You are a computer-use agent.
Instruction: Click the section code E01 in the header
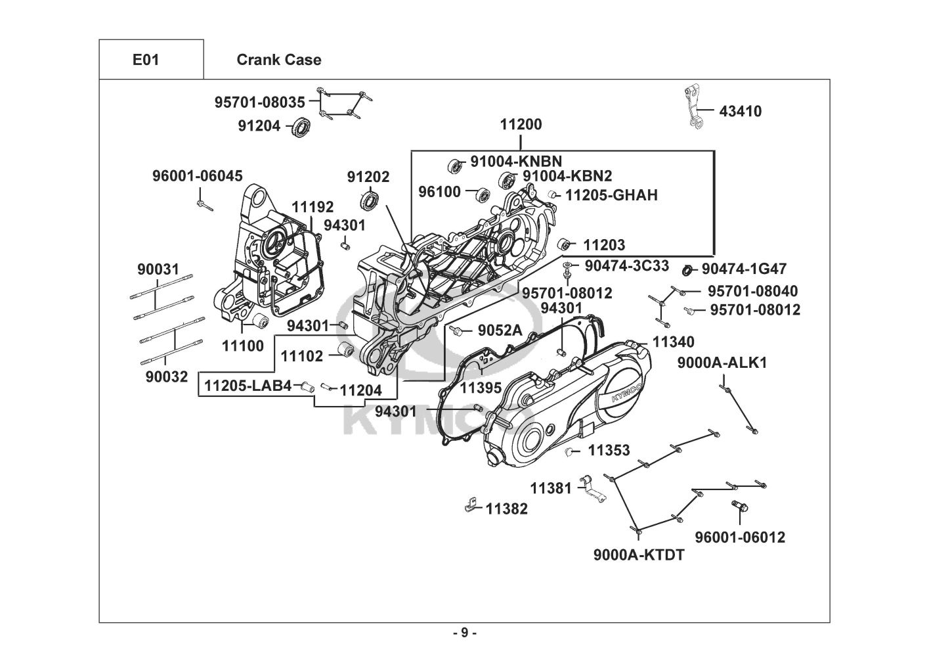[146, 60]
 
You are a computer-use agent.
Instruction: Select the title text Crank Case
[278, 60]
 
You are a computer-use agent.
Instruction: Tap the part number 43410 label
[741, 112]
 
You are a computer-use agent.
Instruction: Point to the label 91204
[259, 126]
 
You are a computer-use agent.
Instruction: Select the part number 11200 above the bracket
[521, 125]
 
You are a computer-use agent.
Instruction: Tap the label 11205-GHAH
[611, 195]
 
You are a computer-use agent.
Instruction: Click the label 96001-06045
[197, 176]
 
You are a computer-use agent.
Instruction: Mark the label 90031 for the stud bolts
[158, 269]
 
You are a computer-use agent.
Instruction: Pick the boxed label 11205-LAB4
[248, 386]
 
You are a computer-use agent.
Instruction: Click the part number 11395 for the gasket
[481, 388]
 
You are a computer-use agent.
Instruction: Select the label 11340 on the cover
[673, 342]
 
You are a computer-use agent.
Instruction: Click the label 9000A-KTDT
[639, 555]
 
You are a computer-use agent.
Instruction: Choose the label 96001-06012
[740, 537]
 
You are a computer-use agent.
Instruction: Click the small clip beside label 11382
[468, 505]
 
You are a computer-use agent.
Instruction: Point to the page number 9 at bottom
[464, 633]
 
